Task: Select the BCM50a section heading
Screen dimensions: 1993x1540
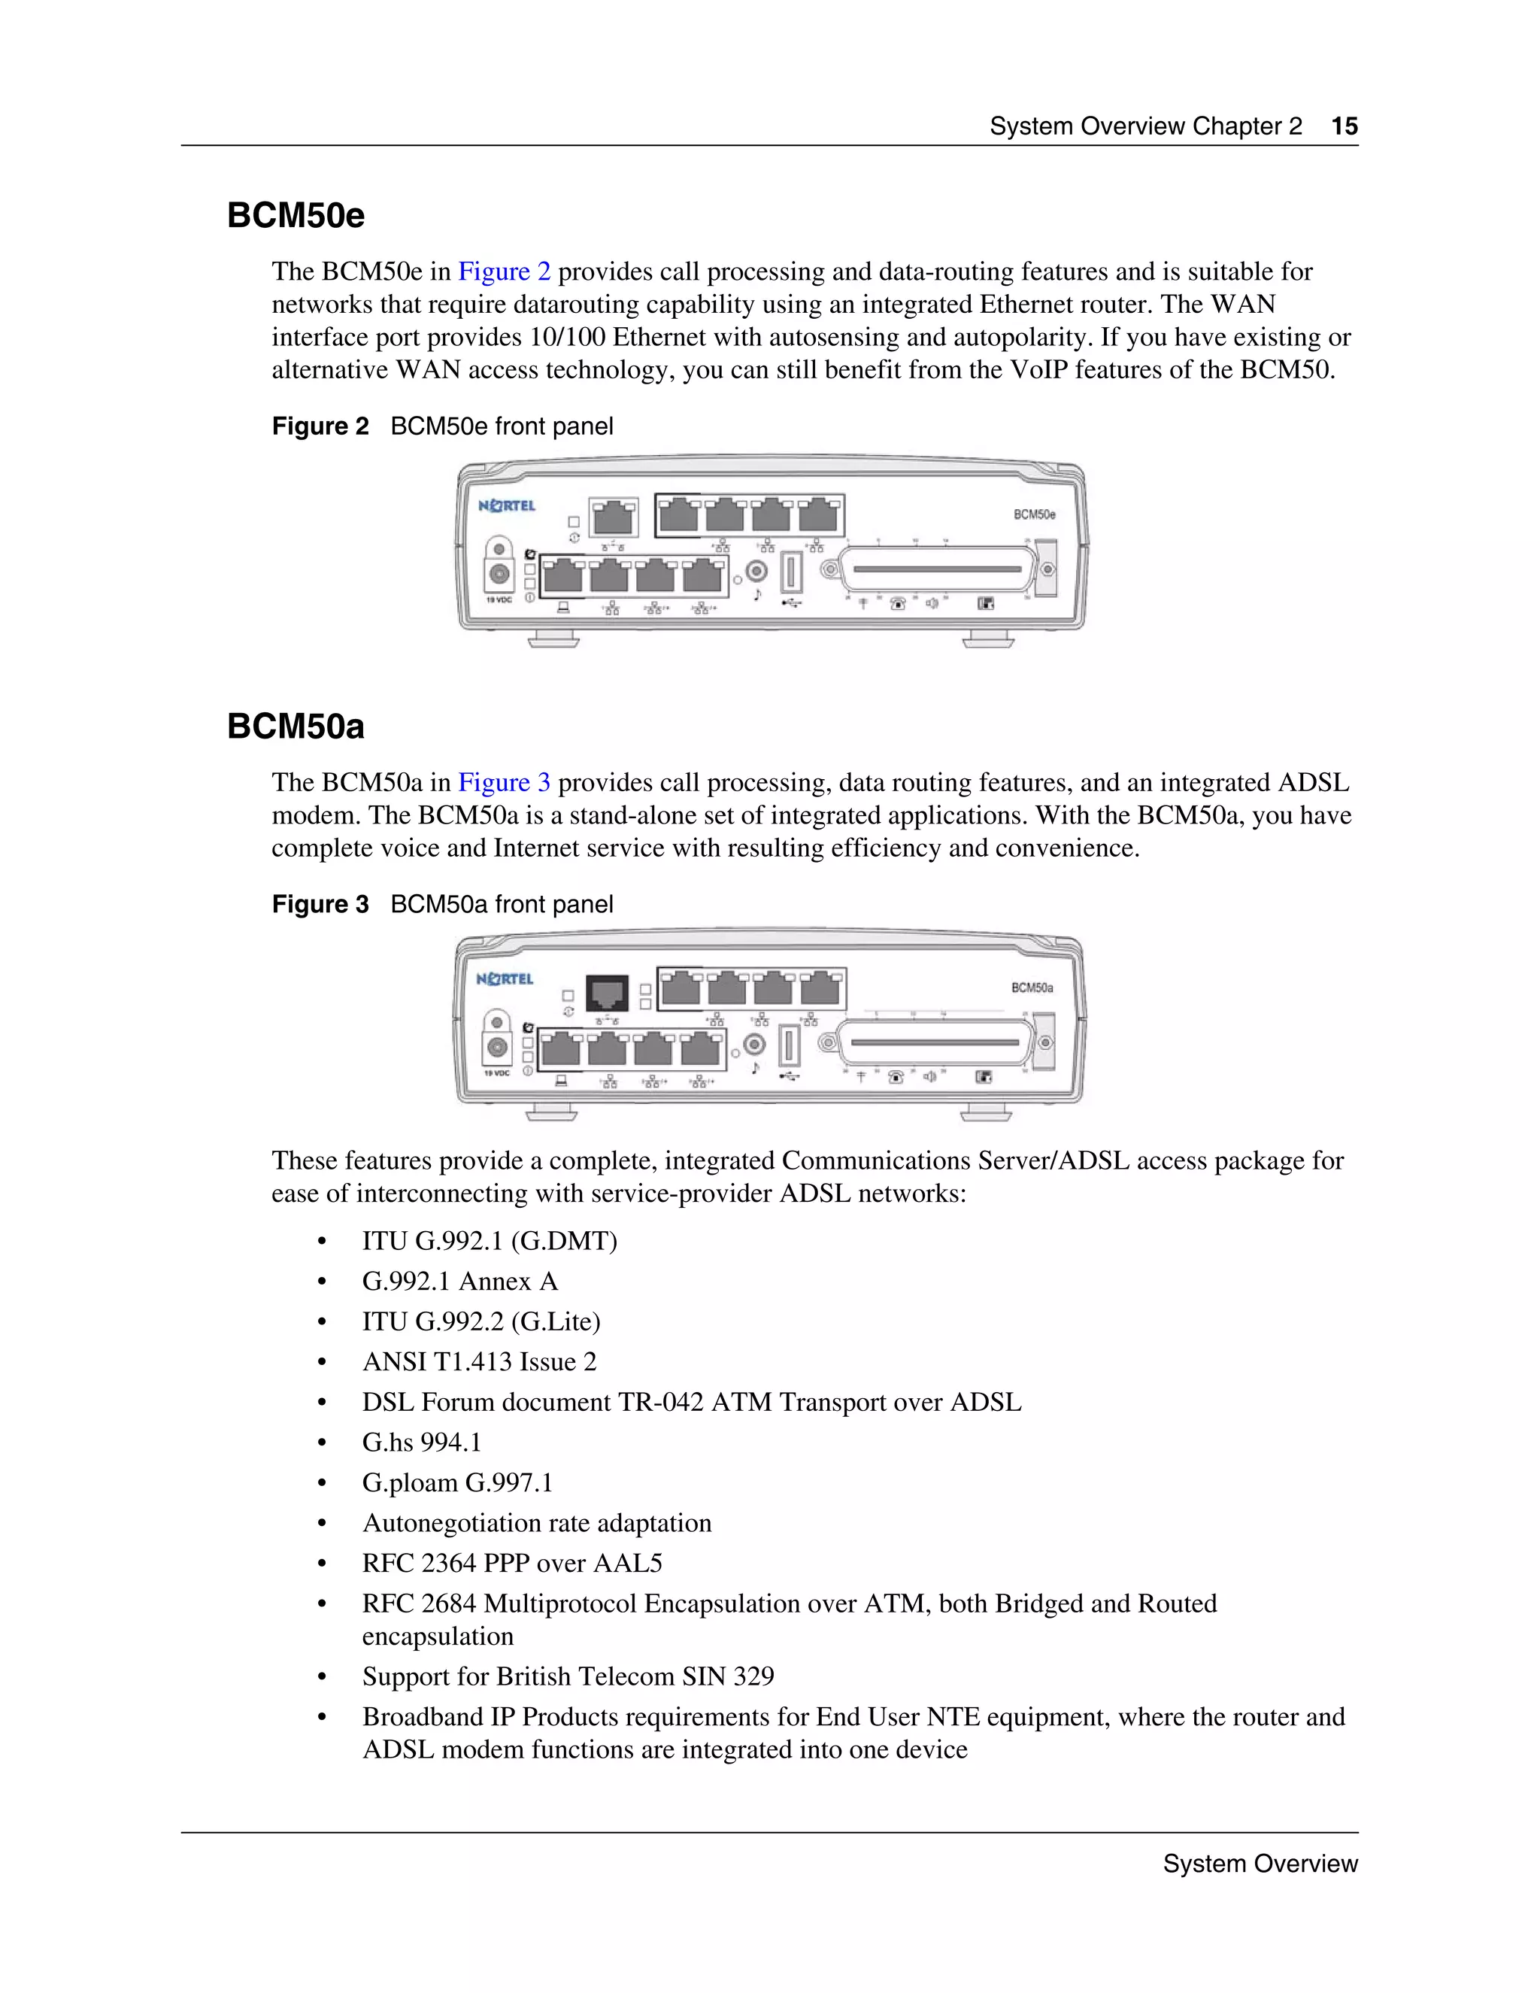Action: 296,727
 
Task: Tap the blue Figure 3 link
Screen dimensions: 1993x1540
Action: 504,782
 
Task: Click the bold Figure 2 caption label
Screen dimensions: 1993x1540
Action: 320,426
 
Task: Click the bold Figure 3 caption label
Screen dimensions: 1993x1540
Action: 320,904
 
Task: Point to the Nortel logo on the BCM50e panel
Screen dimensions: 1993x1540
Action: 508,505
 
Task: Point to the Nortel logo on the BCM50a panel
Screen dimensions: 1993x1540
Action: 505,979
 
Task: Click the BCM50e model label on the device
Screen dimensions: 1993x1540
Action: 1034,514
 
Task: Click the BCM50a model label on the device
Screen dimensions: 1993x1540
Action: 1032,988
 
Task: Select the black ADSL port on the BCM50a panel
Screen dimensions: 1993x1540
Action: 607,993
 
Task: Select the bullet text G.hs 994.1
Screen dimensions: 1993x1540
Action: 422,1442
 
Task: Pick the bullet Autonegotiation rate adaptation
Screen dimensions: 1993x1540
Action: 536,1522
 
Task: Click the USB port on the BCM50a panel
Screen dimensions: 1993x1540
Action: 789,1046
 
